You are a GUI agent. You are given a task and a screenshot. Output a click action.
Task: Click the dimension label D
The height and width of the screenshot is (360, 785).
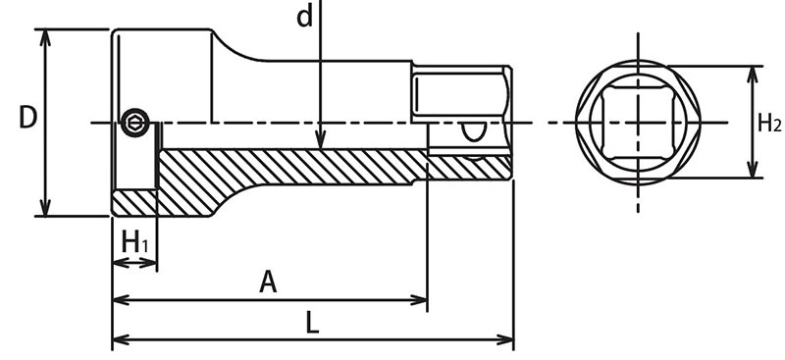point(28,118)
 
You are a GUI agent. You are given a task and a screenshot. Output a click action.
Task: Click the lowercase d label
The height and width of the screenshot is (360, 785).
point(304,16)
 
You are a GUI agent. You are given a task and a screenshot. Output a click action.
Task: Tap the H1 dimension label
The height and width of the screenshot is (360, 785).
point(134,243)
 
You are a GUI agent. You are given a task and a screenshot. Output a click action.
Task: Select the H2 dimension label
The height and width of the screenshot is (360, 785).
point(768,123)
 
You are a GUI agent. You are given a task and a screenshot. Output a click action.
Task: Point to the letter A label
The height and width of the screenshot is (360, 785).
point(268,282)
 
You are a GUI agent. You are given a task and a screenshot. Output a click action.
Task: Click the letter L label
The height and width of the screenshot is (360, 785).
point(312,323)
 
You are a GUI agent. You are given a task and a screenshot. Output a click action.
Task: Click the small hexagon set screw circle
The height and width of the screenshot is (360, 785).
point(135,123)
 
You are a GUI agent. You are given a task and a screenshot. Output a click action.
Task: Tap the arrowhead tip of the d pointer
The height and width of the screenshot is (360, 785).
point(321,149)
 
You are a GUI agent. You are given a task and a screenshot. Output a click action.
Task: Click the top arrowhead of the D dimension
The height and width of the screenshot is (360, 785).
point(45,30)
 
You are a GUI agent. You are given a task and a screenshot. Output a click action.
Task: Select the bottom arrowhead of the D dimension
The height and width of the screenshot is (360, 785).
point(45,216)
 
